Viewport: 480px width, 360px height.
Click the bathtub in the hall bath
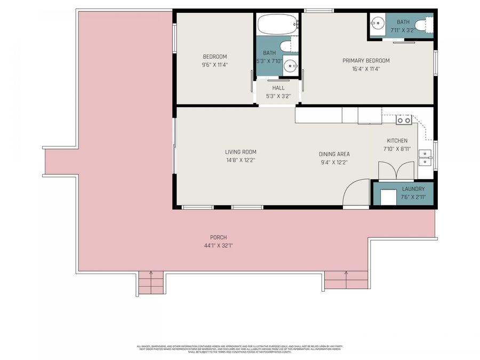(x=277, y=25)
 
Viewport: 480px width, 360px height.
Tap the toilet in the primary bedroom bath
(x=424, y=25)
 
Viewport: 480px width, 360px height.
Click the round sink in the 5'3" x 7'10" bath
(x=290, y=66)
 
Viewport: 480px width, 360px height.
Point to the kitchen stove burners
(x=404, y=120)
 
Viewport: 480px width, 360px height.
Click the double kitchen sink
(x=426, y=158)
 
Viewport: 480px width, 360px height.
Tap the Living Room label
(x=241, y=152)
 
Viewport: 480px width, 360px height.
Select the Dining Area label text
(x=334, y=154)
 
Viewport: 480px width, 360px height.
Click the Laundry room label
(x=413, y=189)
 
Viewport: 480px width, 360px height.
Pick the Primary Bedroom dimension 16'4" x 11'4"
(x=366, y=68)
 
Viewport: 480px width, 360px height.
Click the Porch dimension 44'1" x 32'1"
(x=218, y=245)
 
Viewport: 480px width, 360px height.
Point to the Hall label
(x=278, y=88)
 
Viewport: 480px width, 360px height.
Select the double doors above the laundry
(x=396, y=170)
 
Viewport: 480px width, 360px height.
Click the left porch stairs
(x=150, y=283)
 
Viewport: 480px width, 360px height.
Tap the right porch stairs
(x=346, y=280)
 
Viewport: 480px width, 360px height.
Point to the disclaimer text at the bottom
(x=239, y=349)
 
